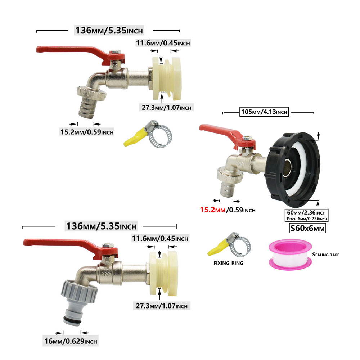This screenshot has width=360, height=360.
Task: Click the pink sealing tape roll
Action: coord(290,255)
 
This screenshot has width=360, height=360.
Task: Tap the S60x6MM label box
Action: coord(307,228)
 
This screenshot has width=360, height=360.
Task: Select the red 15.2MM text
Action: coord(213,210)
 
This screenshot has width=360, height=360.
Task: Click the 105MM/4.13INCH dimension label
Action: coord(264,112)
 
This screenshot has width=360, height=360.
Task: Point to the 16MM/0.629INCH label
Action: coord(71,341)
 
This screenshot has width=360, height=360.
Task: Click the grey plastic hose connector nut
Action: coord(79,292)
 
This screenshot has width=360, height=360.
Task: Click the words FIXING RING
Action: coord(228,263)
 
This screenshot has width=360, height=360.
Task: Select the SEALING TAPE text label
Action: coord(325,255)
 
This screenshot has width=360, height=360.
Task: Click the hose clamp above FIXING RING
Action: coord(230,244)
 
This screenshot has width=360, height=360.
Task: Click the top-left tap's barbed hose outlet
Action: coord(86,107)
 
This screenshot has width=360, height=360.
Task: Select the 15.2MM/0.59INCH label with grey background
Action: coord(87,132)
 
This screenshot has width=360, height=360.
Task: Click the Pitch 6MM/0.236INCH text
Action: coord(306,219)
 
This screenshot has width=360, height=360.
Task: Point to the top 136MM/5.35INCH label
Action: coord(109,30)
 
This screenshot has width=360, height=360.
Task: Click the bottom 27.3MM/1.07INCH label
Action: coord(162,306)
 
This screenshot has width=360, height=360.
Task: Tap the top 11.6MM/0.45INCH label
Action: coord(163,43)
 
